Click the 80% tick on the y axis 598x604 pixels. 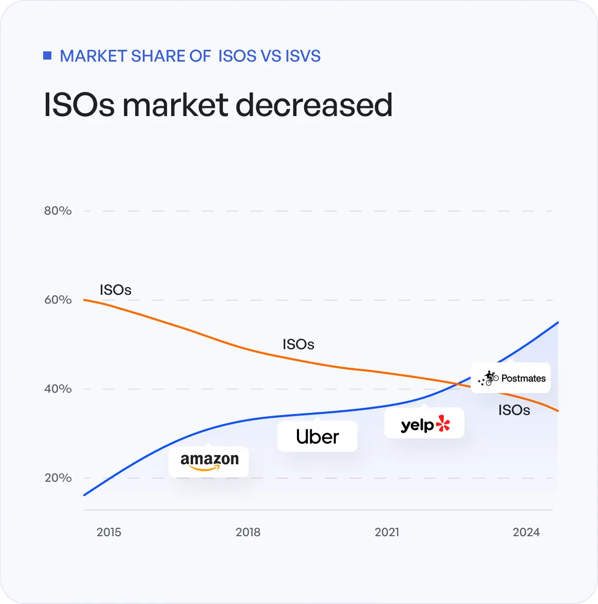[58, 211]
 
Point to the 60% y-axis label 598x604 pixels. [58, 300]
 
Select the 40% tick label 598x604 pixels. [58, 389]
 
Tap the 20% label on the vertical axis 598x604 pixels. [58, 478]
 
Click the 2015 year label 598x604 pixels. [109, 532]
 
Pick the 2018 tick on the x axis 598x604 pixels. [248, 532]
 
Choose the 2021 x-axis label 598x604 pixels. [387, 532]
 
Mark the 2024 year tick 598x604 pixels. [526, 532]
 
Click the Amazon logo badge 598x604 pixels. [209, 461]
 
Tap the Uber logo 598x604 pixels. [317, 437]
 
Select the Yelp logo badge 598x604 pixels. [424, 424]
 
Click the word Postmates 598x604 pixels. [523, 379]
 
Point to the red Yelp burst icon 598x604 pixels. [442, 424]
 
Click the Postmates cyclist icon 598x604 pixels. [489, 378]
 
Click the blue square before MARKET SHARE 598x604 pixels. [47, 55]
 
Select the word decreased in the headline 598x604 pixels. [314, 105]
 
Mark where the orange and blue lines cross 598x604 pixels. [457, 383]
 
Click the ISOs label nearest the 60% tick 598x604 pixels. [116, 290]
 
